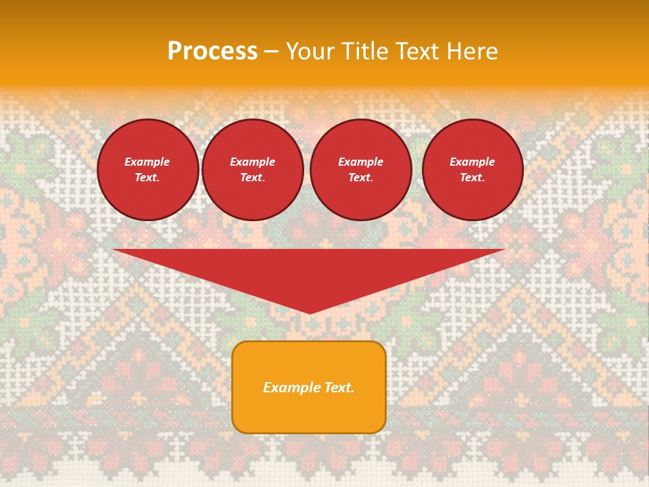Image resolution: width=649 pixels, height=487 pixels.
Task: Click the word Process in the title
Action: point(212,51)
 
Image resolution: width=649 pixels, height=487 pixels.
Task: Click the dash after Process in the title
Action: point(271,52)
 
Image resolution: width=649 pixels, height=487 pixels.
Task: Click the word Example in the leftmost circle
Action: point(147,162)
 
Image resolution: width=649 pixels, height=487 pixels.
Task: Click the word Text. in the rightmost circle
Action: point(472,177)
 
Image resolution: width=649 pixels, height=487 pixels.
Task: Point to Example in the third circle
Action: point(360,162)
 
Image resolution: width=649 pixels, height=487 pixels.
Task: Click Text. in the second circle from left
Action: point(252,177)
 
